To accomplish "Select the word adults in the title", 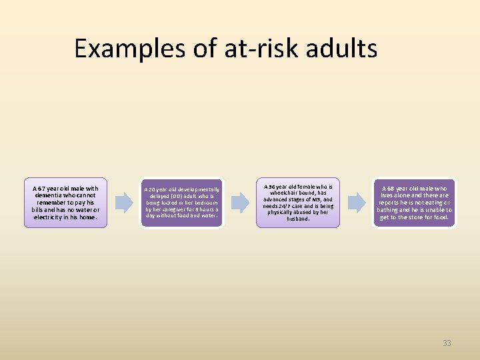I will click(344, 49).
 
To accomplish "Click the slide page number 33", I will click(447, 343).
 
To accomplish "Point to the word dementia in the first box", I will click(50, 195).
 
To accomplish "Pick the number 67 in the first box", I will click(43, 188).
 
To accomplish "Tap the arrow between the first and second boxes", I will click(123, 203).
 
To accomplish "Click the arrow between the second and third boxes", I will click(240, 203).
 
